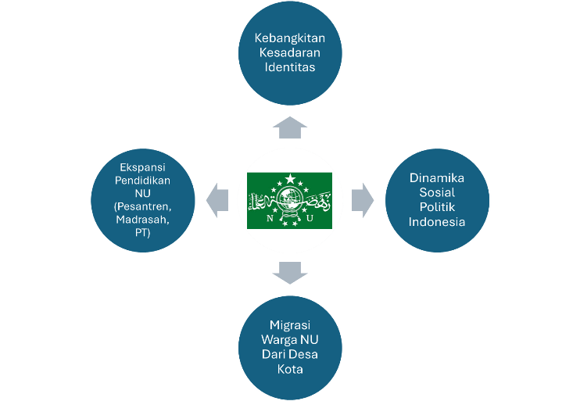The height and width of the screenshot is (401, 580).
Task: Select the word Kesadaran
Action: [x=289, y=52]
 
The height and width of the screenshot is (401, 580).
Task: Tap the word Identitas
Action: [x=289, y=66]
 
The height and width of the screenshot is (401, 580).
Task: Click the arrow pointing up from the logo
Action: [x=290, y=127]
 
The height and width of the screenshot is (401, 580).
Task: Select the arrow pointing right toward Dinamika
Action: [x=363, y=199]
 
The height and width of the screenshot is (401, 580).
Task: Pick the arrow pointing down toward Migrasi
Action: [x=290, y=273]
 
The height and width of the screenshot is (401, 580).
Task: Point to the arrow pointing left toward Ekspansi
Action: [x=217, y=200]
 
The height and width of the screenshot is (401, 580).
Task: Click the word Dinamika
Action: [x=437, y=178]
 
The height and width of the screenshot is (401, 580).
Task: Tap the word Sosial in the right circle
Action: [x=437, y=192]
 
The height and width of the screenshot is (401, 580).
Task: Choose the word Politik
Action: [x=437, y=206]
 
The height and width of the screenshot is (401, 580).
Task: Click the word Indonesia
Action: [x=437, y=221]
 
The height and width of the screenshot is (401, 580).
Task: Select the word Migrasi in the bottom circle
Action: [x=289, y=325]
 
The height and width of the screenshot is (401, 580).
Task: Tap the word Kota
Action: [x=289, y=368]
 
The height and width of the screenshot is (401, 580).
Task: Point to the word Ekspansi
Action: [x=142, y=167]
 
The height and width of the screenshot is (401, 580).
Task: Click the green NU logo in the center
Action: [x=289, y=200]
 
